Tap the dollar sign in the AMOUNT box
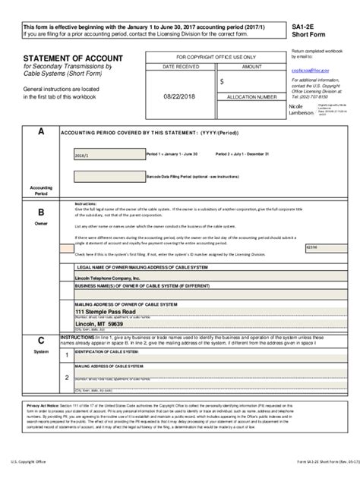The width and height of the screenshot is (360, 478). click(222, 80)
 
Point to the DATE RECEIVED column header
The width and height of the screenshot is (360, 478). click(179, 68)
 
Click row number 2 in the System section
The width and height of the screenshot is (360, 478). click(67, 377)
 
